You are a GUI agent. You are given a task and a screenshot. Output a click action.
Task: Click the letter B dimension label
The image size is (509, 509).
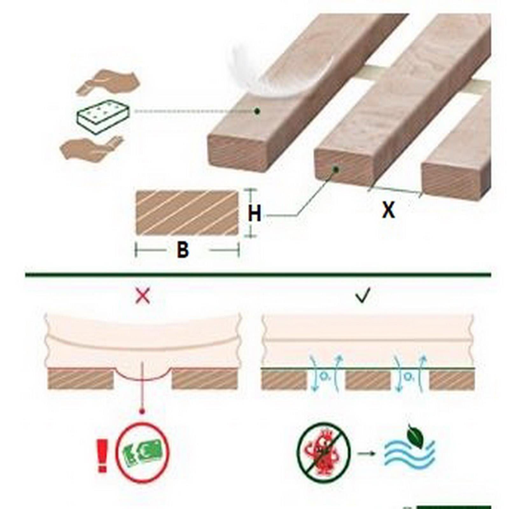pyautogui.click(x=183, y=250)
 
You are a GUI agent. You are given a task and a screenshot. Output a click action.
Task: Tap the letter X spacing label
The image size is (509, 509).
pyautogui.click(x=388, y=210)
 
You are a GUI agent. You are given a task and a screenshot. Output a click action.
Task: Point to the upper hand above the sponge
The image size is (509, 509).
pyautogui.click(x=108, y=82)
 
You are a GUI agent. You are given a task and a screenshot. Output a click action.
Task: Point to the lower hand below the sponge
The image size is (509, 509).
pyautogui.click(x=91, y=148)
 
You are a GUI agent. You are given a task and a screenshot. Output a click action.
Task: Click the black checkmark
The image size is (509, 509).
pyautogui.click(x=363, y=296)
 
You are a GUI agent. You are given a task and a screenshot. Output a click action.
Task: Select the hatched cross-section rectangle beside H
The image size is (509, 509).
pyautogui.click(x=187, y=213)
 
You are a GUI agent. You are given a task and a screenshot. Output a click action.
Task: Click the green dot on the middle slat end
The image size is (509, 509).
pyautogui.click(x=335, y=170)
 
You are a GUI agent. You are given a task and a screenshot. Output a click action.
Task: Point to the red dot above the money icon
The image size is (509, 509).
pyautogui.click(x=142, y=411)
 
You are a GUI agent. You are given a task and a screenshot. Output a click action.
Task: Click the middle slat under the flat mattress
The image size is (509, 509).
pyautogui.click(x=368, y=380)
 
